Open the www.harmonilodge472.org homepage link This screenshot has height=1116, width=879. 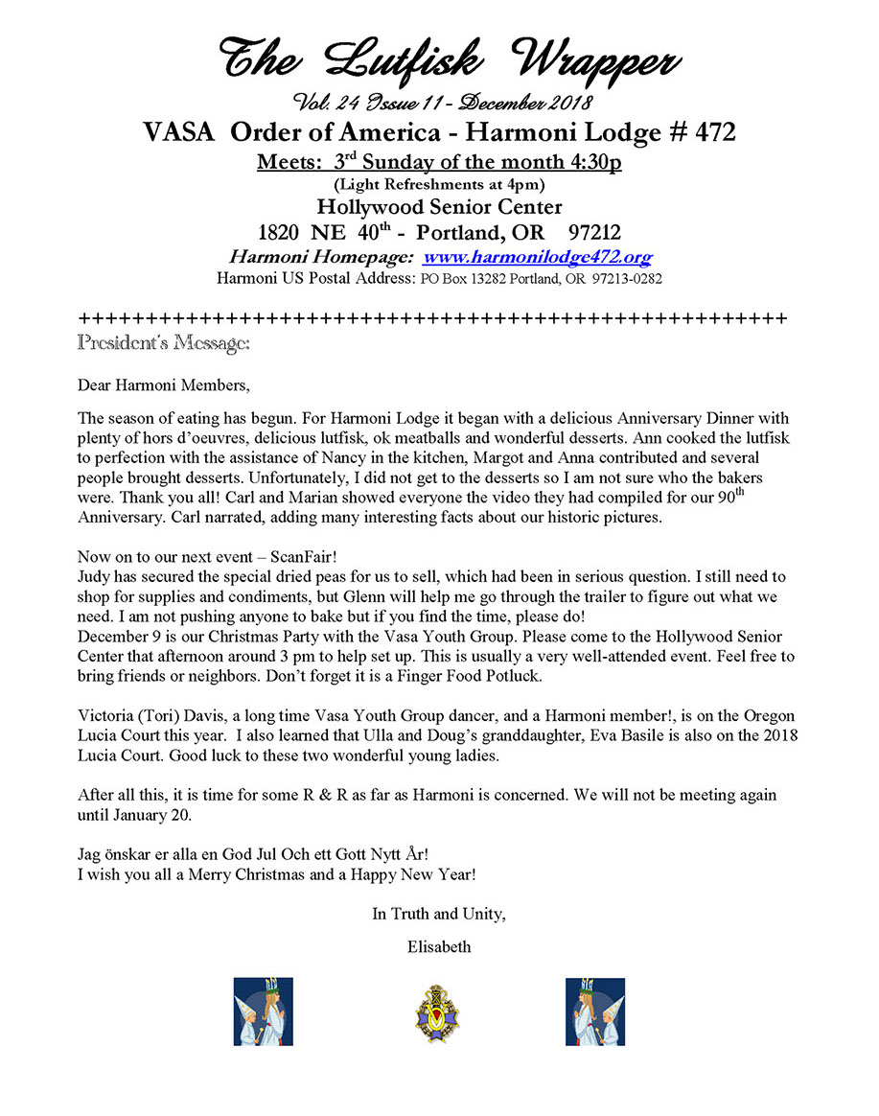tap(537, 257)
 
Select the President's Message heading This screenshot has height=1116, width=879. tap(164, 341)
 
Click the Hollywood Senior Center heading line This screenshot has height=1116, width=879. tap(440, 207)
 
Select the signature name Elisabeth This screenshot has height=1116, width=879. tap(439, 946)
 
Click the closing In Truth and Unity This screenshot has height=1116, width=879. tap(439, 914)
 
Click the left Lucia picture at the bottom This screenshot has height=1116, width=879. tap(263, 1011)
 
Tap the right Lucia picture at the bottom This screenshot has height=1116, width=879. tap(594, 1011)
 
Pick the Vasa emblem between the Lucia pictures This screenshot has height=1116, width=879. tap(429, 1012)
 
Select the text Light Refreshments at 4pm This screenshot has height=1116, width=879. tap(439, 184)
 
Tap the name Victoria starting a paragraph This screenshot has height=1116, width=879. tap(107, 716)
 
